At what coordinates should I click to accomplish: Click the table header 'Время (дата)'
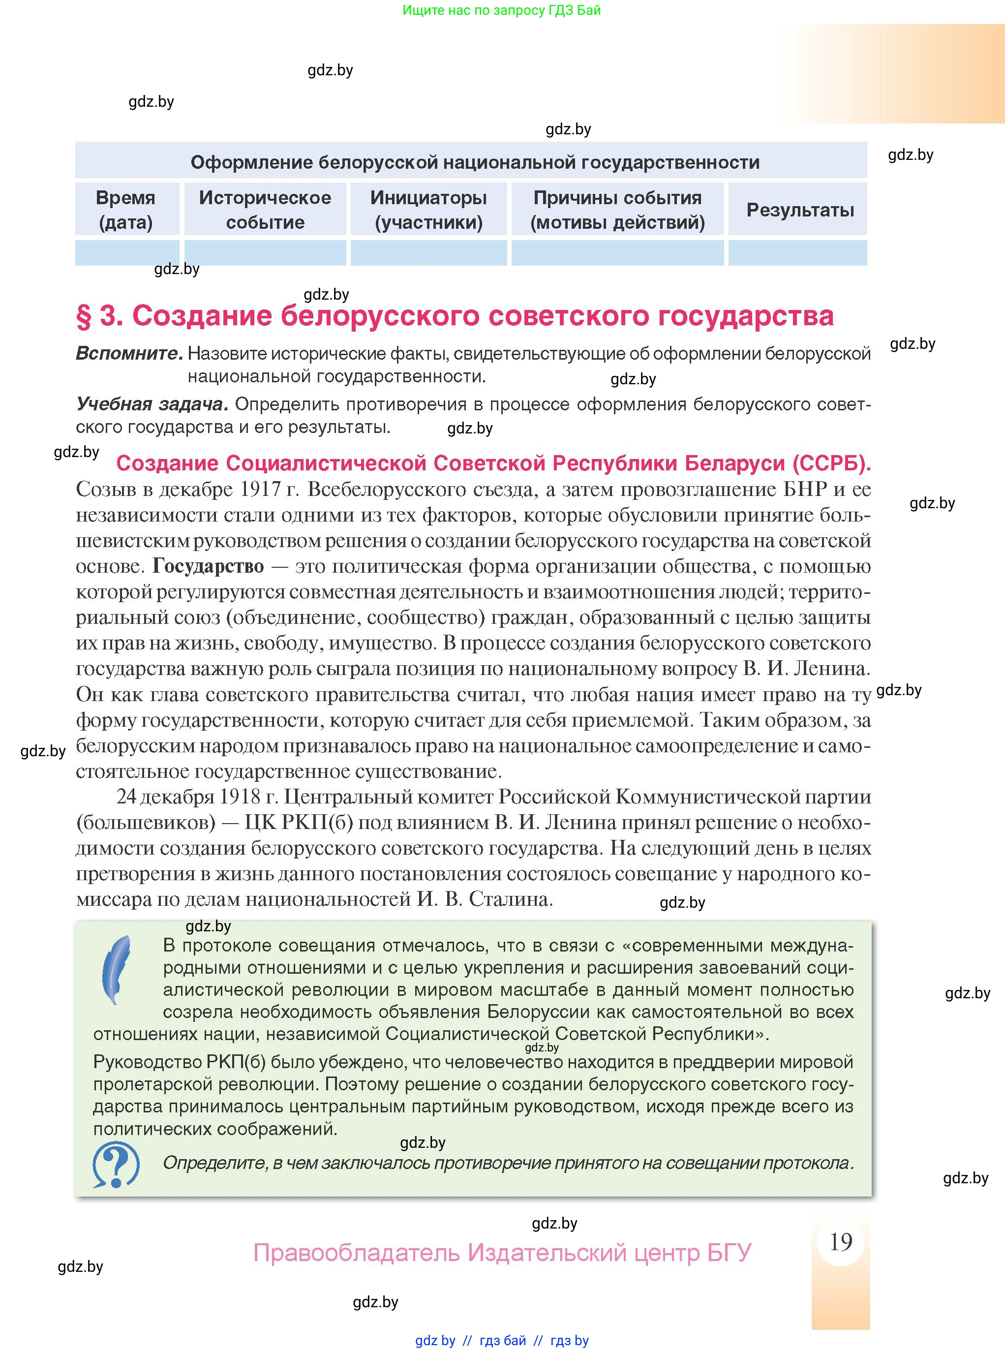tap(126, 209)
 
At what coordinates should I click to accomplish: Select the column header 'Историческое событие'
tap(265, 209)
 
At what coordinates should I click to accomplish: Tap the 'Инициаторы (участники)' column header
tap(428, 209)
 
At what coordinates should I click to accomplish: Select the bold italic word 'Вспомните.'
tap(129, 353)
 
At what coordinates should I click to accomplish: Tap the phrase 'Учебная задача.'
tap(152, 404)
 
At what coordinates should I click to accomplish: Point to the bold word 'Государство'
tap(208, 566)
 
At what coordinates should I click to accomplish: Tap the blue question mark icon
tap(116, 1165)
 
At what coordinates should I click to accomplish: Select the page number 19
tap(841, 1242)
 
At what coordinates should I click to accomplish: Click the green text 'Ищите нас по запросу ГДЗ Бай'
tap(501, 10)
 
